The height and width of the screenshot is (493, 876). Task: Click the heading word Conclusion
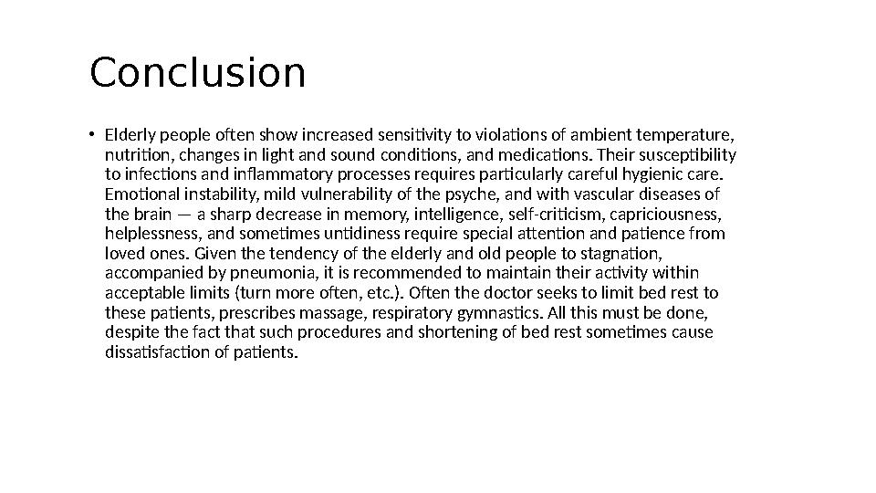coord(197,74)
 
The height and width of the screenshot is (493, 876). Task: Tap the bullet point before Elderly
coord(92,135)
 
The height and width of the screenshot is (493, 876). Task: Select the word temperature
coord(691,135)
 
